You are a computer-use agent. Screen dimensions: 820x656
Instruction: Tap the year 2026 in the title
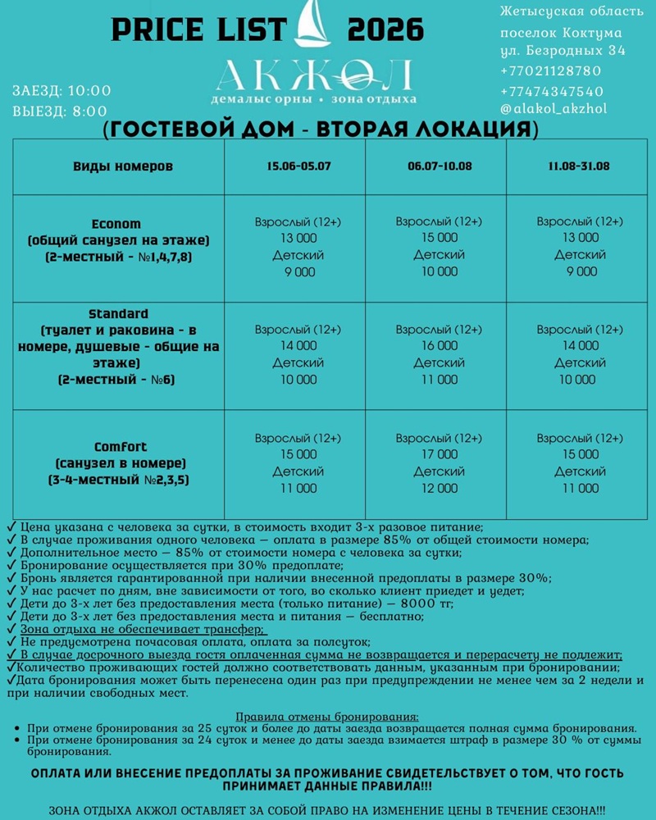[x=385, y=31]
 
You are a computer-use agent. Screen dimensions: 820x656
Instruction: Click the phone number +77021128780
[x=550, y=71]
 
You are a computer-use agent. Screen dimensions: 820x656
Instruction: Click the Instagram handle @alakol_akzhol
[x=553, y=108]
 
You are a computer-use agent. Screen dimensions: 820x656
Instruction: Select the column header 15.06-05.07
[x=298, y=166]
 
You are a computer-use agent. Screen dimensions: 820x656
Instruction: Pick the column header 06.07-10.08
[x=440, y=166]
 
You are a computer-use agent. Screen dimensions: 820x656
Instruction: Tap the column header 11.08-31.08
[x=580, y=166]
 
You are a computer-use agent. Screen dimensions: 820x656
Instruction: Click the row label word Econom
[x=117, y=224]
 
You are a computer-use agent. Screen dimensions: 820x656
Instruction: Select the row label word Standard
[x=119, y=314]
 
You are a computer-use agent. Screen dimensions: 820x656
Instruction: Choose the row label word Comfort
[x=121, y=447]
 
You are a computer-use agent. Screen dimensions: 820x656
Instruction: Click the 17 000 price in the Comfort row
[x=440, y=454]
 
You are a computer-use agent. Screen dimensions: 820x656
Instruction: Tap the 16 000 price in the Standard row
[x=440, y=346]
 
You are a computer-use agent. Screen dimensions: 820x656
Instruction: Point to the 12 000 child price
[x=440, y=489]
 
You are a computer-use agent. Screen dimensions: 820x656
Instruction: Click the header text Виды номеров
[x=123, y=166]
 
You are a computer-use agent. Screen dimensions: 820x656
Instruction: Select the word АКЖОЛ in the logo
[x=314, y=77]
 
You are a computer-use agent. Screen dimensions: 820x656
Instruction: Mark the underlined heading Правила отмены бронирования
[x=327, y=716]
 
